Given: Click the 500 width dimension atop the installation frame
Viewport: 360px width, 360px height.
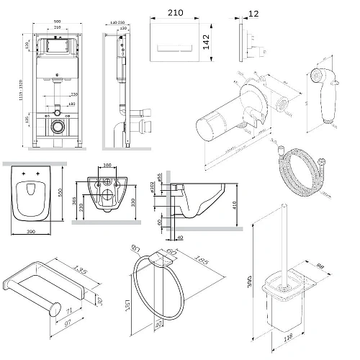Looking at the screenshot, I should (x=57, y=22).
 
